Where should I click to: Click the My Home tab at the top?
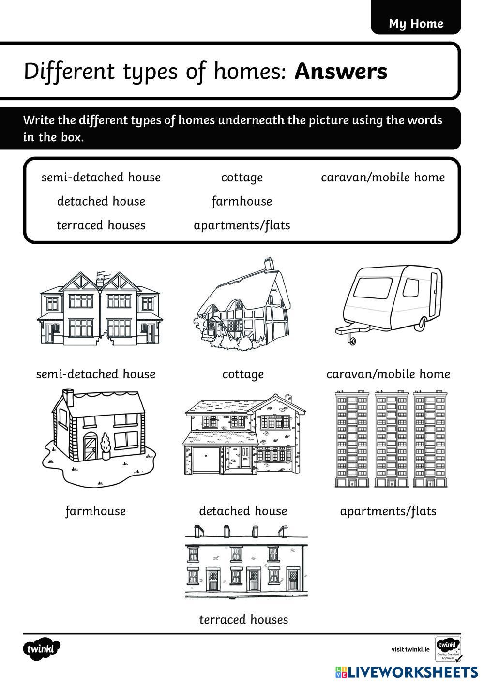click(x=416, y=23)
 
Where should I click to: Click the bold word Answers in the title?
click(x=341, y=71)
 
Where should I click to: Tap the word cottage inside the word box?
click(x=242, y=178)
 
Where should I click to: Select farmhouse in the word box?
click(x=242, y=201)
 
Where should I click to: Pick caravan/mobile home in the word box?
click(x=383, y=178)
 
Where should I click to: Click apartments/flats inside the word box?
click(x=242, y=225)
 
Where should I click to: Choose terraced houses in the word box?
click(x=101, y=225)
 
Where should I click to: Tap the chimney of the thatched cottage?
click(x=269, y=264)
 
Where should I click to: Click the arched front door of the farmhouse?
click(x=90, y=447)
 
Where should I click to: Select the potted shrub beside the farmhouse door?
click(x=106, y=446)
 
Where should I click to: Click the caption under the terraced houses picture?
click(x=243, y=620)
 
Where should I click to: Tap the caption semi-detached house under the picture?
click(x=96, y=374)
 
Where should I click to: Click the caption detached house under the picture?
click(x=243, y=511)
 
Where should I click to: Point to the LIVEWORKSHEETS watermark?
click(x=407, y=672)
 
